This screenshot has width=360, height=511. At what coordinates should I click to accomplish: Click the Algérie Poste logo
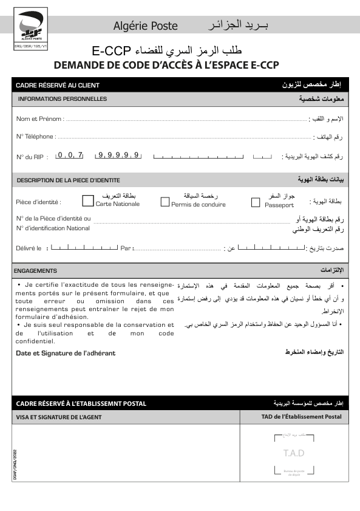click(x=29, y=27)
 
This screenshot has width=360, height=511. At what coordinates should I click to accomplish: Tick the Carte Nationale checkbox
click(x=88, y=201)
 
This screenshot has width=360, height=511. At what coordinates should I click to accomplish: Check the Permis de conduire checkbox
click(x=165, y=202)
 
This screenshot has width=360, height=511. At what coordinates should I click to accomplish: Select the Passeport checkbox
click(x=256, y=202)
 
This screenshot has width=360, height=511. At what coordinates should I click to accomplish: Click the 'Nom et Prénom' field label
click(x=39, y=118)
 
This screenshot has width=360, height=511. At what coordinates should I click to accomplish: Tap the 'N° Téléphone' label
click(x=36, y=137)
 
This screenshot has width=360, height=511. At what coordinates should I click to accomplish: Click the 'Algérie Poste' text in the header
click(x=146, y=26)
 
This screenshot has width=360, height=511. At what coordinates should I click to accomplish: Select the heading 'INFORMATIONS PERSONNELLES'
click(x=63, y=99)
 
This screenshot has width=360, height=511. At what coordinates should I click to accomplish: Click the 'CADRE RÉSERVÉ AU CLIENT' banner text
click(x=58, y=86)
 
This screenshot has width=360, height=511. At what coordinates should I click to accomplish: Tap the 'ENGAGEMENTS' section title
click(x=35, y=271)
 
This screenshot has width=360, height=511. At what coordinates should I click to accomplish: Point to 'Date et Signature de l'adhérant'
click(x=66, y=353)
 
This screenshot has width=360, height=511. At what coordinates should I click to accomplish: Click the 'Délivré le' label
click(x=29, y=249)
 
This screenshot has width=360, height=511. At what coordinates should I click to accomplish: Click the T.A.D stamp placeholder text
click(x=294, y=453)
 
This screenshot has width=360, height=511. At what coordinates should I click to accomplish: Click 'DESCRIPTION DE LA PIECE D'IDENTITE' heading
click(x=68, y=180)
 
